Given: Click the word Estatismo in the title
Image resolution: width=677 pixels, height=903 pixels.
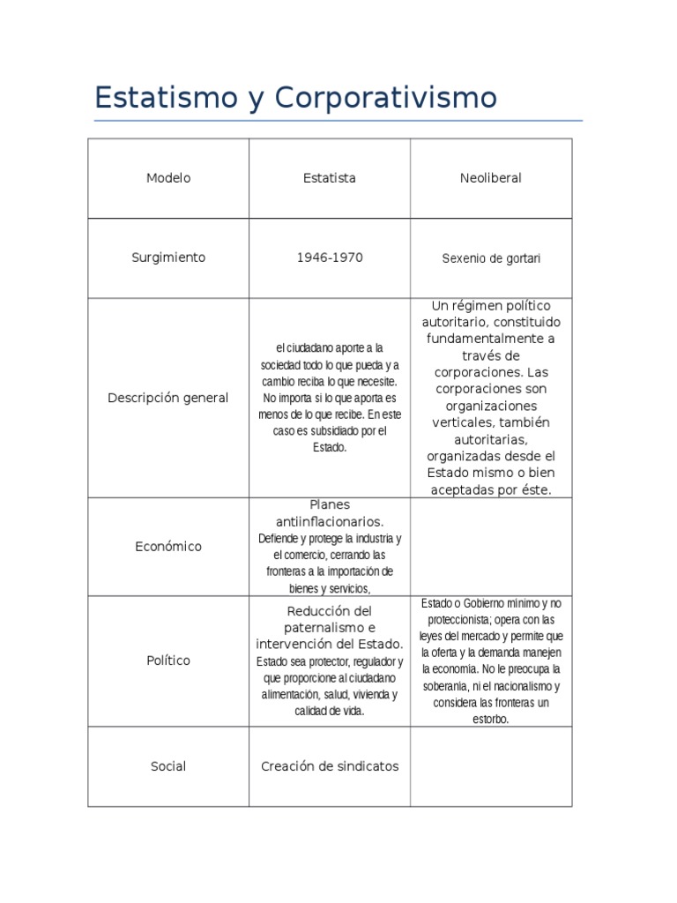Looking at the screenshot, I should pyautogui.click(x=157, y=98).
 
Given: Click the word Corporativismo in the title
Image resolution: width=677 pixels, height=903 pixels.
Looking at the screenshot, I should pyautogui.click(x=385, y=98).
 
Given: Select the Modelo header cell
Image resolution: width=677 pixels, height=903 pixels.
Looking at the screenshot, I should pyautogui.click(x=168, y=178).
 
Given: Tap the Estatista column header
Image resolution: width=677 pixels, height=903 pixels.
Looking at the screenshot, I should pyautogui.click(x=330, y=178).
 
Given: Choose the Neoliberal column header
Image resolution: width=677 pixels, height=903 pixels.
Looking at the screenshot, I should pyautogui.click(x=490, y=178).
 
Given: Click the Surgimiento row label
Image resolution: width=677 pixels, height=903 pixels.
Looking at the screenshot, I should pyautogui.click(x=168, y=257).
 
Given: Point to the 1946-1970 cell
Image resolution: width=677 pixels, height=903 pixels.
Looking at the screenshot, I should pyautogui.click(x=330, y=257).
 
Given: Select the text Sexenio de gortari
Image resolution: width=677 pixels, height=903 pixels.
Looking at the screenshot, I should pyautogui.click(x=490, y=258).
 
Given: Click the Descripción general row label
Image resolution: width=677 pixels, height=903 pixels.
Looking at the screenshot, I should pyautogui.click(x=168, y=398).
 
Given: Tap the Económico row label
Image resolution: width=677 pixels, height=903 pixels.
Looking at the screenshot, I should pyautogui.click(x=168, y=547).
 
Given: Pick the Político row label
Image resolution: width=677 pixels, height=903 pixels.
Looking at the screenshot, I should pyautogui.click(x=168, y=660).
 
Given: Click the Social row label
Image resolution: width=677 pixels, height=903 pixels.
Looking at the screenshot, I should pyautogui.click(x=168, y=766).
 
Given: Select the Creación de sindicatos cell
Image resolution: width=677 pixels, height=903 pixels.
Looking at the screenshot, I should pyautogui.click(x=330, y=766).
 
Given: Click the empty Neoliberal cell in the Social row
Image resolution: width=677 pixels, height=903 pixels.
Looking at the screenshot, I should pyautogui.click(x=490, y=766).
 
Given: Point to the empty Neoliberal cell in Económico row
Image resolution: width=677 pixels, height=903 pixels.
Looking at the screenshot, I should pyautogui.click(x=490, y=547).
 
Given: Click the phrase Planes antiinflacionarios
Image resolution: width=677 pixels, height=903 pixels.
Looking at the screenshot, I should pyautogui.click(x=330, y=513).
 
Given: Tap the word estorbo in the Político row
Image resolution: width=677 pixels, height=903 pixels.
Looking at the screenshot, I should pyautogui.click(x=490, y=719).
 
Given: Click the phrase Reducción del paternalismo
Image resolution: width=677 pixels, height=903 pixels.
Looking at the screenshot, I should pyautogui.click(x=330, y=619).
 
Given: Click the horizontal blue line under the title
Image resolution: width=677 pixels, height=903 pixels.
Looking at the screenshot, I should pyautogui.click(x=338, y=121).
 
